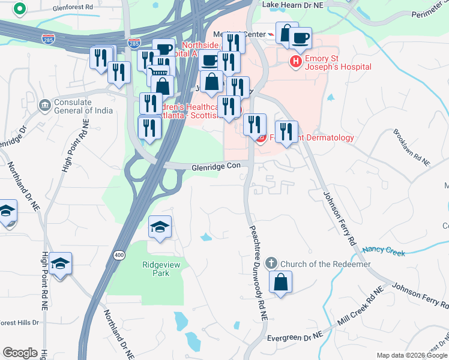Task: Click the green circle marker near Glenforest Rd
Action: tap(20, 9)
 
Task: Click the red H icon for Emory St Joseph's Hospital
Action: tap(296, 61)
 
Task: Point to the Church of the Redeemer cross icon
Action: tap(271, 263)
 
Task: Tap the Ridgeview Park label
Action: tap(156, 269)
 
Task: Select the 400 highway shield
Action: tap(115, 256)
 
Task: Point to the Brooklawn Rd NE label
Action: tap(412, 147)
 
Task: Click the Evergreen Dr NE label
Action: tap(295, 337)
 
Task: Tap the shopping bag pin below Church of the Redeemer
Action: tap(280, 281)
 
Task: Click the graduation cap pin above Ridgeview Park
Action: tap(160, 227)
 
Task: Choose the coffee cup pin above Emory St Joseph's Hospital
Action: tap(300, 38)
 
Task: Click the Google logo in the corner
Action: tap(20, 353)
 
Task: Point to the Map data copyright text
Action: tap(412, 355)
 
